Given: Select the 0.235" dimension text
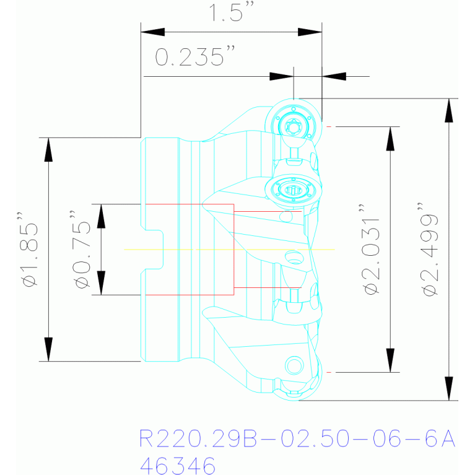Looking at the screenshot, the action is (195, 56).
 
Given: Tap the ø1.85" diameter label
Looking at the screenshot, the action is (28, 250).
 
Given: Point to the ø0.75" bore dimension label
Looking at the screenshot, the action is (81, 250).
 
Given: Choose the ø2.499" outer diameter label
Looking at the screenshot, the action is (428, 250).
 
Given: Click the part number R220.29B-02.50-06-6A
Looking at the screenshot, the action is (297, 438).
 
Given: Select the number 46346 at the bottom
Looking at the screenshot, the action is (178, 465).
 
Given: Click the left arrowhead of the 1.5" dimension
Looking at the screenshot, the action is (153, 32).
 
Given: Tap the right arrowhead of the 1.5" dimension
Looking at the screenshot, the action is (310, 32).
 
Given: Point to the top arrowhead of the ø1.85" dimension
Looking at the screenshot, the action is (48, 150).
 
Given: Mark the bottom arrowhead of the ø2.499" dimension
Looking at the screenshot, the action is (449, 388).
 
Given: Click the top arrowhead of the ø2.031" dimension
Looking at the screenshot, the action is (390, 139).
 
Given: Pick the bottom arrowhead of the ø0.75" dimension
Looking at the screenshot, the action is (101, 282).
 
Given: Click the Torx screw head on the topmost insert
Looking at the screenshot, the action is (294, 127).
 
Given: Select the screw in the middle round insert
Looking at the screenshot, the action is (293, 190).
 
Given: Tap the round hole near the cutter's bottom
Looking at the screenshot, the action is (294, 365).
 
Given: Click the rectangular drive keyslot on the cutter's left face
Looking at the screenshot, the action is (152, 250).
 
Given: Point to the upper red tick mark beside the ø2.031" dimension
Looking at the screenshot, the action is (329, 126).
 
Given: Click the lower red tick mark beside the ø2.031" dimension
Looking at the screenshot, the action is (329, 372).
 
